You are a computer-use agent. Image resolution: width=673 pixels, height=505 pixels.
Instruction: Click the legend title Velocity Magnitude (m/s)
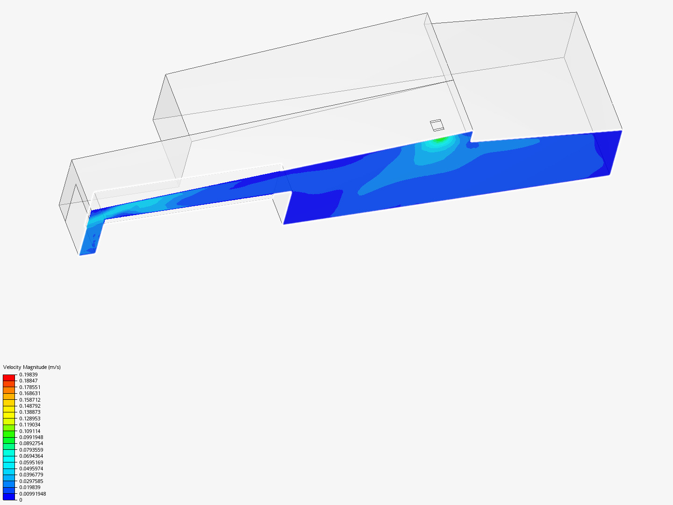[x=32, y=367]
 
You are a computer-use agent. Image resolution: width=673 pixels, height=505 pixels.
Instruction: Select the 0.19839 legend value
[x=29, y=375]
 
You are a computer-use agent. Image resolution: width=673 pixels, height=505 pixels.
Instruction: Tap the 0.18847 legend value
[x=29, y=381]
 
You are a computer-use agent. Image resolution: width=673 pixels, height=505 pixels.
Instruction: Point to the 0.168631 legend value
[x=30, y=393]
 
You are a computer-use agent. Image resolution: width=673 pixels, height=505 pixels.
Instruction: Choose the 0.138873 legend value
[x=30, y=412]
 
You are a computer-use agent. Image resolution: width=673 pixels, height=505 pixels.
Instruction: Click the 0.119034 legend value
[x=30, y=425]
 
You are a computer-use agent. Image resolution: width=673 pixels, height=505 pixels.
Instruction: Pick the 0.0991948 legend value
[x=31, y=437]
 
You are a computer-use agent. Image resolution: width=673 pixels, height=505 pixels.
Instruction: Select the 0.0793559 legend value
[x=31, y=450]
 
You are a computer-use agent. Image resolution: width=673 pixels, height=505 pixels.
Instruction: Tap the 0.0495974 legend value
[x=31, y=469]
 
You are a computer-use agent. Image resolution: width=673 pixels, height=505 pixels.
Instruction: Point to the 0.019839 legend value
[x=30, y=487]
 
